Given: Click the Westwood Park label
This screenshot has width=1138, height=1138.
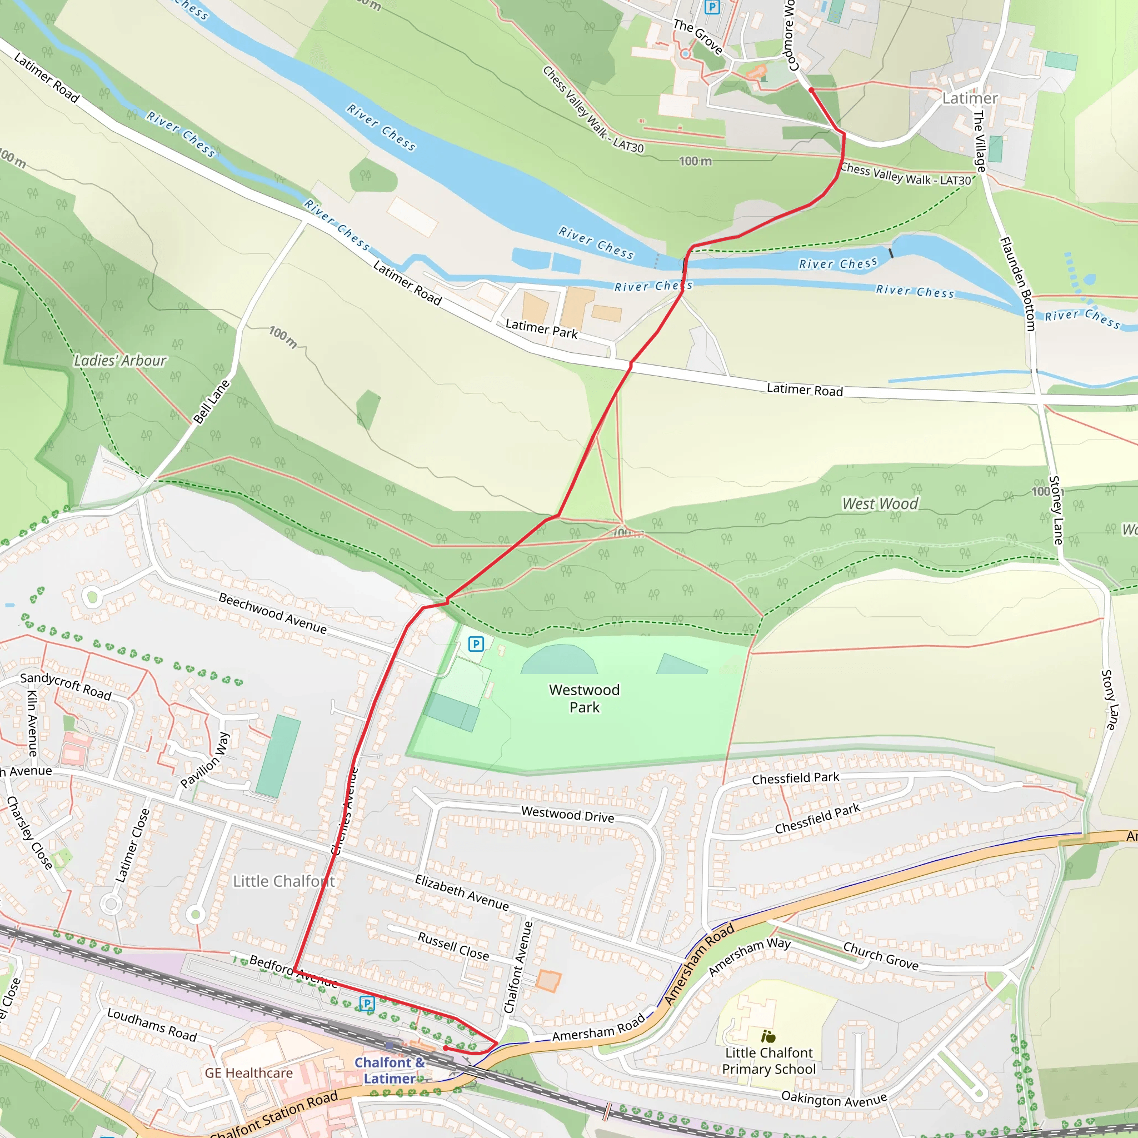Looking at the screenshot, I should tap(584, 698).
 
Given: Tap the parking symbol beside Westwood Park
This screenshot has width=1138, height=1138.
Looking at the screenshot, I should tap(476, 644).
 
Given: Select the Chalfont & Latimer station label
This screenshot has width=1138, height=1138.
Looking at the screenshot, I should tap(390, 1070).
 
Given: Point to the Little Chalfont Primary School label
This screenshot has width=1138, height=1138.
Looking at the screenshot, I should tap(768, 1061).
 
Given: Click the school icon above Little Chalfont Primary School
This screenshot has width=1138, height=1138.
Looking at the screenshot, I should tap(768, 1036).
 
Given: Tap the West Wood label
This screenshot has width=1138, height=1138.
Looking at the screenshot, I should tap(880, 503).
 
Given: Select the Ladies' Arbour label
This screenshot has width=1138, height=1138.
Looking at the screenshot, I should tap(120, 361).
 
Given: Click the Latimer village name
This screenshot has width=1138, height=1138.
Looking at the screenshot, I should tap(970, 98).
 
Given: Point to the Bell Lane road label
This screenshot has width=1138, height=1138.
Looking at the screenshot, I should tap(212, 402).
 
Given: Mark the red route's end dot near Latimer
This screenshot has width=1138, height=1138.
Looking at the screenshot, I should tap(811, 90).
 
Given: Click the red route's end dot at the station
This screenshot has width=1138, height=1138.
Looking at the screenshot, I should tap(445, 1049).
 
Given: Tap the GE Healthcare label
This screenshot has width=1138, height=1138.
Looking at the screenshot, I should tap(248, 1073).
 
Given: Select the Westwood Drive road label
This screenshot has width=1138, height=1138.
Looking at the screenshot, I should tap(567, 815).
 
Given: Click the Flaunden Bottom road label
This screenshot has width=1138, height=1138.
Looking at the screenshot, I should tap(1017, 284).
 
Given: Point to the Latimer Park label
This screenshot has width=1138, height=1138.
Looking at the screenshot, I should tap(541, 329).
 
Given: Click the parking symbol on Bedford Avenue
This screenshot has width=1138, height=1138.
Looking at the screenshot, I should tap(367, 1003).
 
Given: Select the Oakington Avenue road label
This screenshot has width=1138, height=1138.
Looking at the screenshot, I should tap(833, 1099).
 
